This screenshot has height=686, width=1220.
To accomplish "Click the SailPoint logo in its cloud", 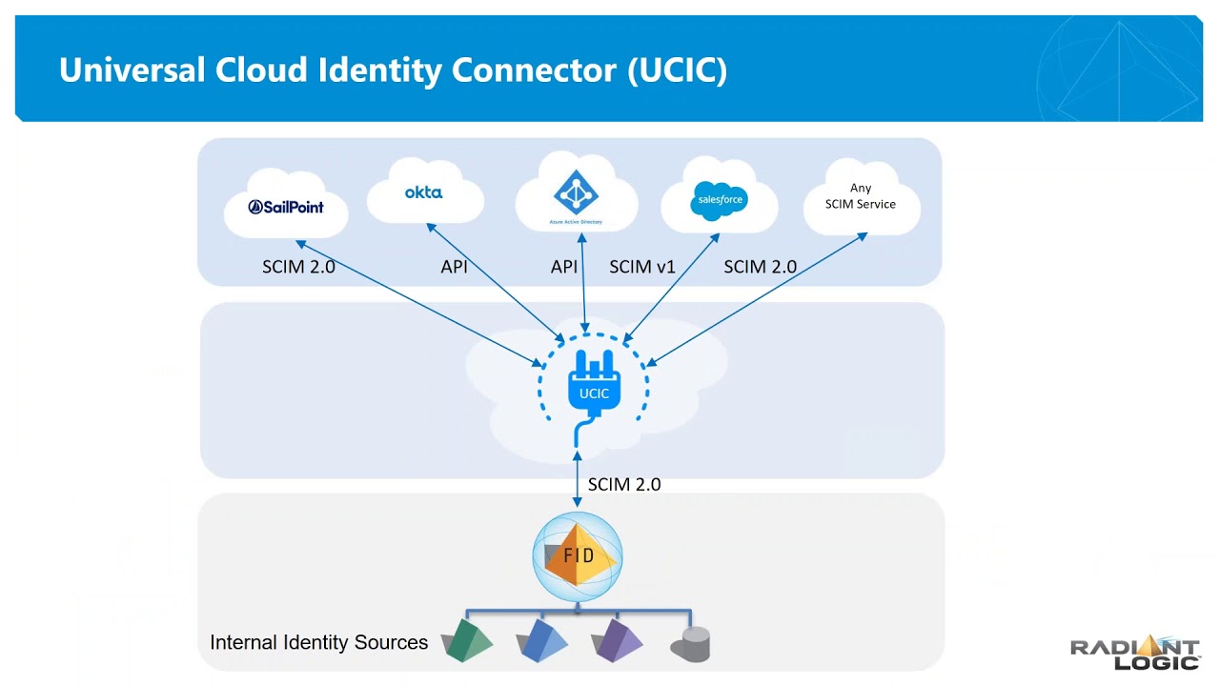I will click(286, 207).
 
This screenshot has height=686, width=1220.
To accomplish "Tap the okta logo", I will click(423, 192).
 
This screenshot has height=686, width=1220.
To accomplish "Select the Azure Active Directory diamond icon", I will click(575, 194).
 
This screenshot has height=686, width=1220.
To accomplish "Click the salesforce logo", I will click(720, 200).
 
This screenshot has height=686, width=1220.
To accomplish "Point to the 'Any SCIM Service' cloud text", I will click(861, 196).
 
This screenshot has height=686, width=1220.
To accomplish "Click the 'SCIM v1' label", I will click(642, 267).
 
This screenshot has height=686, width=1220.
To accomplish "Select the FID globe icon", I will click(578, 555).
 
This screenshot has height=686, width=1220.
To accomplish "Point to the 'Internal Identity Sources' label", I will click(319, 642).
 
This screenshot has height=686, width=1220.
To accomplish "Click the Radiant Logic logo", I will click(1135, 654).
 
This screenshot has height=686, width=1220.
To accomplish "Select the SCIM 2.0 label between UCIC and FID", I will click(624, 484).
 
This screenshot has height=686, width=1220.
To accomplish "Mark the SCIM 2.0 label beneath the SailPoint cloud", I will click(298, 267).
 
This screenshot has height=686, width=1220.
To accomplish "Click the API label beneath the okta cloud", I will click(455, 267).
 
